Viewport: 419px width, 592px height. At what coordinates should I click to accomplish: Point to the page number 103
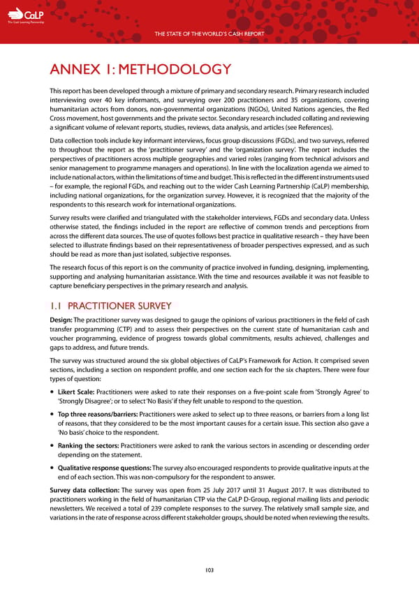coord(209,570)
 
